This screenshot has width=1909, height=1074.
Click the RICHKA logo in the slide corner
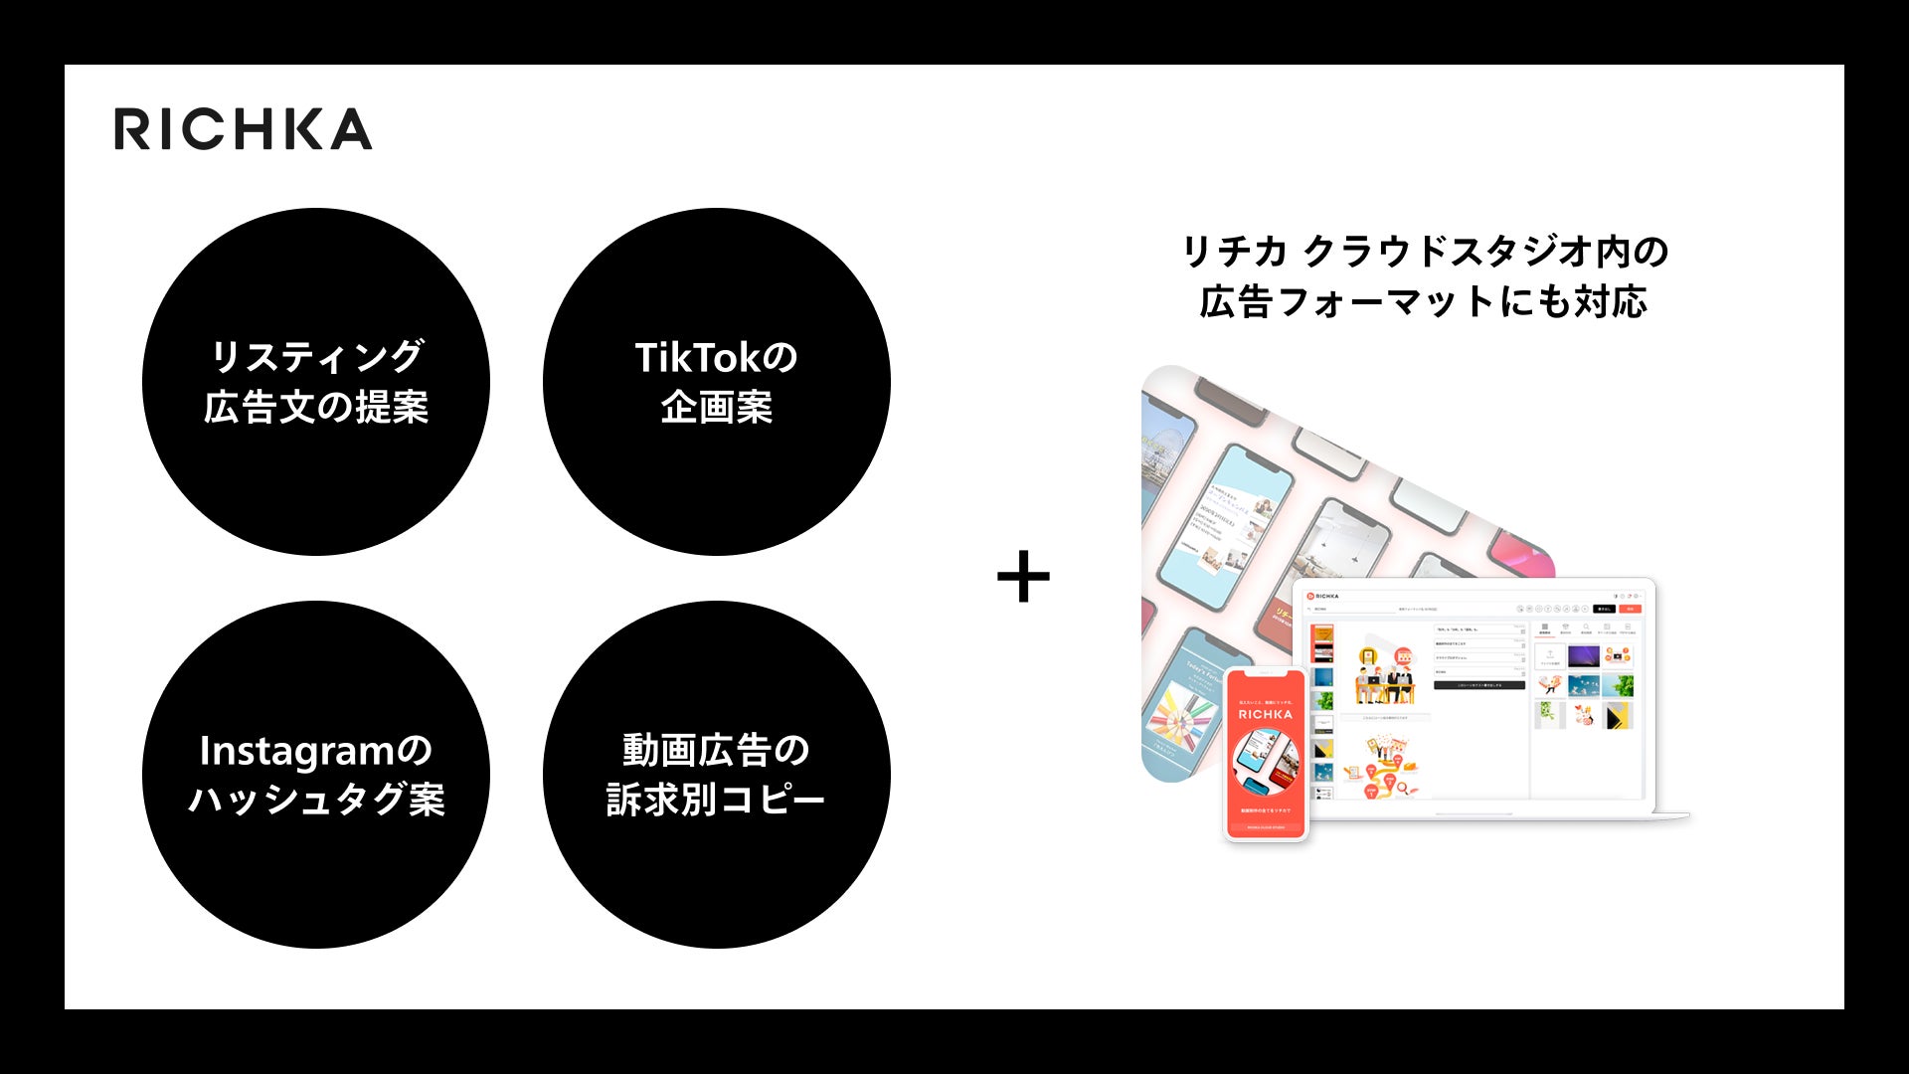243,129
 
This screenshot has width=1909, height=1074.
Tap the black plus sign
1023,577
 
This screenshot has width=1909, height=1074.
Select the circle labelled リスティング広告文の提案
316,382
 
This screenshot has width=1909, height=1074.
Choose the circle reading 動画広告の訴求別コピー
716,775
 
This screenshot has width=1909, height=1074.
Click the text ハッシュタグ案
316,800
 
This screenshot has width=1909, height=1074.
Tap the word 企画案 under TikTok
716,407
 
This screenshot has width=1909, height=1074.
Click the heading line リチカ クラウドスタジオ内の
1425,252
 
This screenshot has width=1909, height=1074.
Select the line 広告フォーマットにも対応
1424,301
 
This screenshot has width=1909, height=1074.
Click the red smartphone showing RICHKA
1265,753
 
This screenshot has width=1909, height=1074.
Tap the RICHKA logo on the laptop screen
1324,597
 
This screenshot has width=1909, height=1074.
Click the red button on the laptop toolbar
1630,609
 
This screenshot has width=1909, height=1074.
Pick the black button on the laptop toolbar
1603,609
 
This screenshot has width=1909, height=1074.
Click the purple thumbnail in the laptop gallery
1582,656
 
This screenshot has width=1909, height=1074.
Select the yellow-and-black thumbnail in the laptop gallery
1619,715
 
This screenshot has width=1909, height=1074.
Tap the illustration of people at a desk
1382,675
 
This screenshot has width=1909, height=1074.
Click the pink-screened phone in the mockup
1527,557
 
